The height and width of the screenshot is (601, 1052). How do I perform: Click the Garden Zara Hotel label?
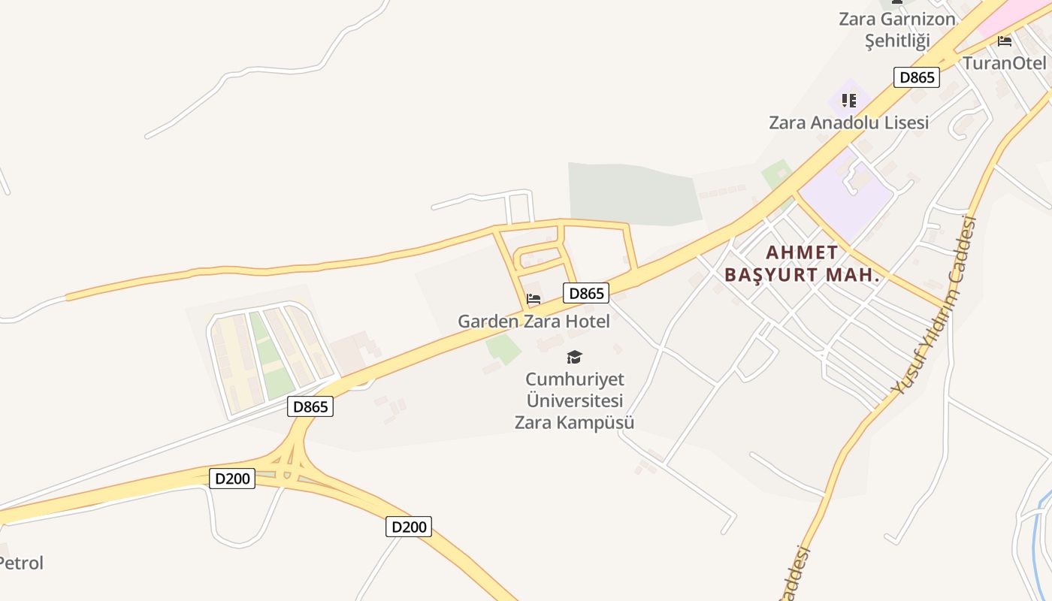(x=534, y=322)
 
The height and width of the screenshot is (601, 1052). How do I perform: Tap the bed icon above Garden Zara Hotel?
(x=534, y=299)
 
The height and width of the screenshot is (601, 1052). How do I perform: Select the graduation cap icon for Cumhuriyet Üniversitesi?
(x=574, y=357)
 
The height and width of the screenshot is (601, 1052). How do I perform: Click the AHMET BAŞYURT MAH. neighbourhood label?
(x=801, y=264)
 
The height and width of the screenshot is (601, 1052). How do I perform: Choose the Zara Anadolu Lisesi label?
(x=848, y=122)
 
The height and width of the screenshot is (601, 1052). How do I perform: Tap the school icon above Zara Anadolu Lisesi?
(x=849, y=100)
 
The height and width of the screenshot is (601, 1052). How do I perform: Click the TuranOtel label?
(x=1004, y=63)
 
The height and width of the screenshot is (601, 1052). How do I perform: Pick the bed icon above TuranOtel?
(x=1005, y=41)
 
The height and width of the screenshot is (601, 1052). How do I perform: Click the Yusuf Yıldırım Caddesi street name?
(x=934, y=306)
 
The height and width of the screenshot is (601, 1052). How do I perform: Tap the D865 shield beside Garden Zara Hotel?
(x=585, y=293)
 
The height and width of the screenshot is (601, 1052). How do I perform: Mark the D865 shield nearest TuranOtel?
(x=917, y=77)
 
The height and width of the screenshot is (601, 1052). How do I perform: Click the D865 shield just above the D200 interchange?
(x=310, y=406)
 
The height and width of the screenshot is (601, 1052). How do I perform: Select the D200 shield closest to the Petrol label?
(x=231, y=478)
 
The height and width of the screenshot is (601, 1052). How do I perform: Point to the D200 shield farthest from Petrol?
(x=409, y=527)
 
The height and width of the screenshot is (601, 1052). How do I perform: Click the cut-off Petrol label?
(x=21, y=563)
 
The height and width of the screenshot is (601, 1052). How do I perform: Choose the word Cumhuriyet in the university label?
(x=574, y=379)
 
